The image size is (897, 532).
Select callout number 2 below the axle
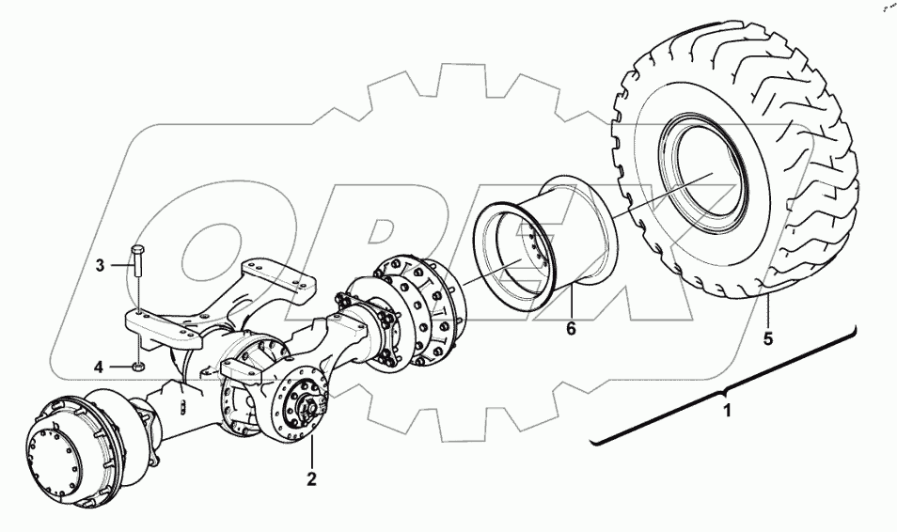311,478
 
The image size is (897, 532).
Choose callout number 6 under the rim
570,329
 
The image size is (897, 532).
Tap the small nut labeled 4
139,366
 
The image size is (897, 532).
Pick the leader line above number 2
311,451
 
